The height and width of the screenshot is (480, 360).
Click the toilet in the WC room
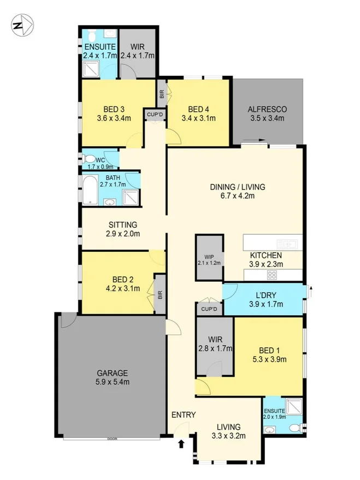coord(88,159)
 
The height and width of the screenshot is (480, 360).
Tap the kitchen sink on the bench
coord(286,243)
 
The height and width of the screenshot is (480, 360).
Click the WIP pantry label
coord(210,256)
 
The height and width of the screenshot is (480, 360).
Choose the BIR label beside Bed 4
coord(161,93)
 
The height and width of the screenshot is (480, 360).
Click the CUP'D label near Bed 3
coord(153,114)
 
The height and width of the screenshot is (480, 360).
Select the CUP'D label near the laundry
coord(209,310)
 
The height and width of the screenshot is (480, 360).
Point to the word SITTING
coord(122,224)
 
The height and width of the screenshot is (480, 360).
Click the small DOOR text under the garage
coord(112,438)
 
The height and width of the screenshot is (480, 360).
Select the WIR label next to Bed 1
coord(215,339)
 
